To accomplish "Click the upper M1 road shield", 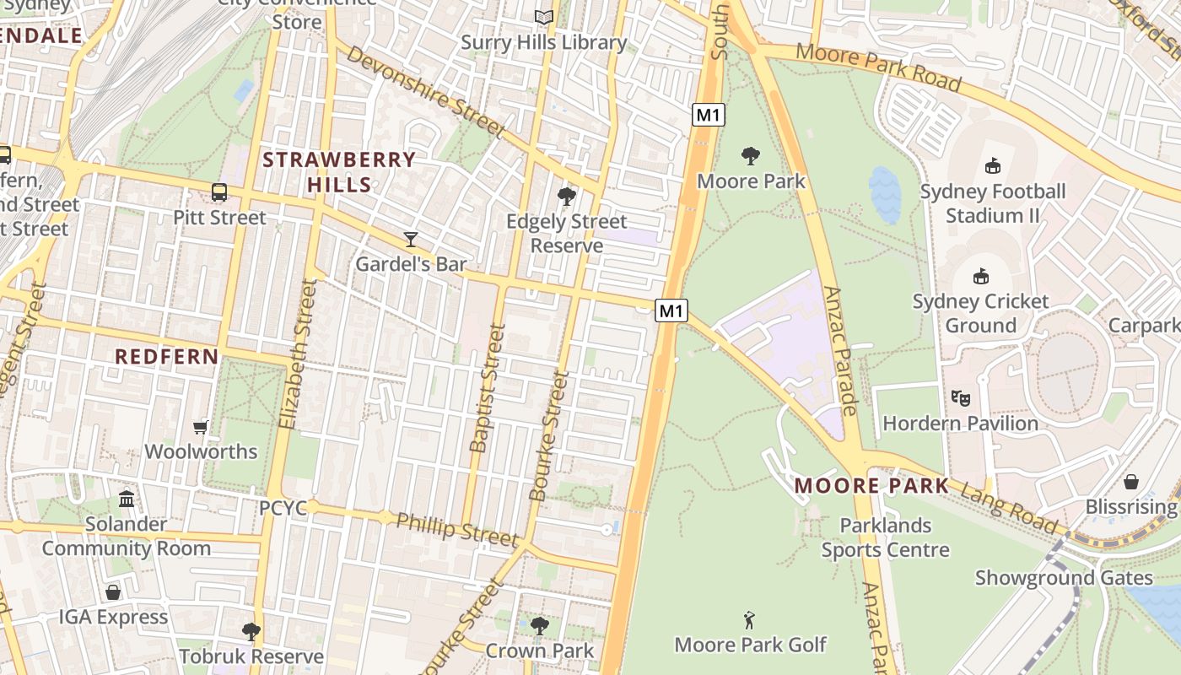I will pyautogui.click(x=709, y=115).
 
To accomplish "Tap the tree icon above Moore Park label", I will pyautogui.click(x=750, y=156).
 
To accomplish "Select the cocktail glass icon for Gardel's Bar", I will pyautogui.click(x=411, y=240).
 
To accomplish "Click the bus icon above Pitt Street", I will pyautogui.click(x=219, y=192).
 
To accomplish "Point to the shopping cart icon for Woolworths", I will pyautogui.click(x=201, y=427).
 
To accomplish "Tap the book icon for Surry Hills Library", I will pyautogui.click(x=544, y=17).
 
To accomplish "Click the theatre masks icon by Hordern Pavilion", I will pyautogui.click(x=959, y=397).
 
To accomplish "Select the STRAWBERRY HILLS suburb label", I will pyautogui.click(x=339, y=171).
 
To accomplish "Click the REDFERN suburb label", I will pyautogui.click(x=167, y=356).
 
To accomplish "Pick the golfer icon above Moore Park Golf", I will pyautogui.click(x=749, y=621).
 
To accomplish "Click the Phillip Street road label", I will pyautogui.click(x=456, y=528).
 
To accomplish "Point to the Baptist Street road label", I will pyautogui.click(x=488, y=388).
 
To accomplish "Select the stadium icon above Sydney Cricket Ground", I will pyautogui.click(x=980, y=276).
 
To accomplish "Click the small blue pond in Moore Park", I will pyautogui.click(x=885, y=194).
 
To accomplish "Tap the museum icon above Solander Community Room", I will pyautogui.click(x=127, y=499).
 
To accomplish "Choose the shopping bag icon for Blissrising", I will pyautogui.click(x=1131, y=482).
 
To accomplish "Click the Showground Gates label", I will pyautogui.click(x=1064, y=578).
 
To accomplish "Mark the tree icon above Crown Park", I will pyautogui.click(x=539, y=626).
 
